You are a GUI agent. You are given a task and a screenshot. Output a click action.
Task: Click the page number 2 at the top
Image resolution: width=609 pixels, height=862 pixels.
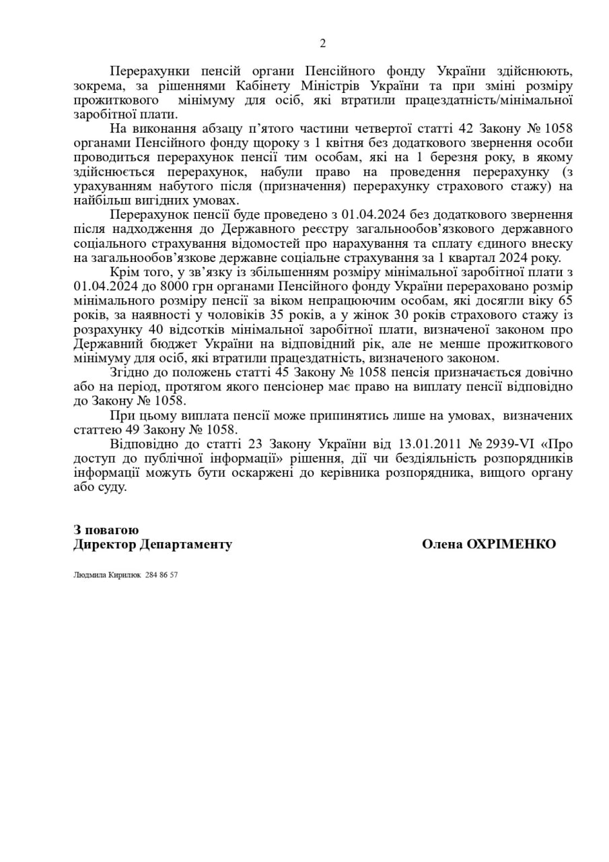(322, 44)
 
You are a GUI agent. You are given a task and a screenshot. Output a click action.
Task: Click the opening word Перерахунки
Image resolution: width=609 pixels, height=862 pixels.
(143, 72)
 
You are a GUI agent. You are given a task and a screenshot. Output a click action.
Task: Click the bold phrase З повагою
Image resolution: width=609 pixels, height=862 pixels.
(106, 530)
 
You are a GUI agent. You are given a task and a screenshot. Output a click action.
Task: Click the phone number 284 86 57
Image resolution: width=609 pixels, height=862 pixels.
(161, 575)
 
